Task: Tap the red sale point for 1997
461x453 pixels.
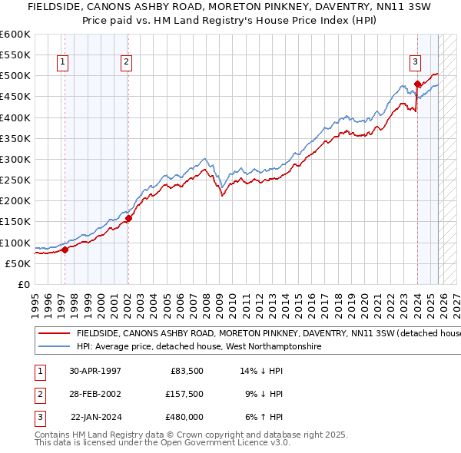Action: [x=65, y=249]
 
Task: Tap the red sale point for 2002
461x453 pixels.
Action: [x=128, y=218]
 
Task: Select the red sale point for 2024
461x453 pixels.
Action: [x=417, y=84]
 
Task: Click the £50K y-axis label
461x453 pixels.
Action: [x=18, y=263]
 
